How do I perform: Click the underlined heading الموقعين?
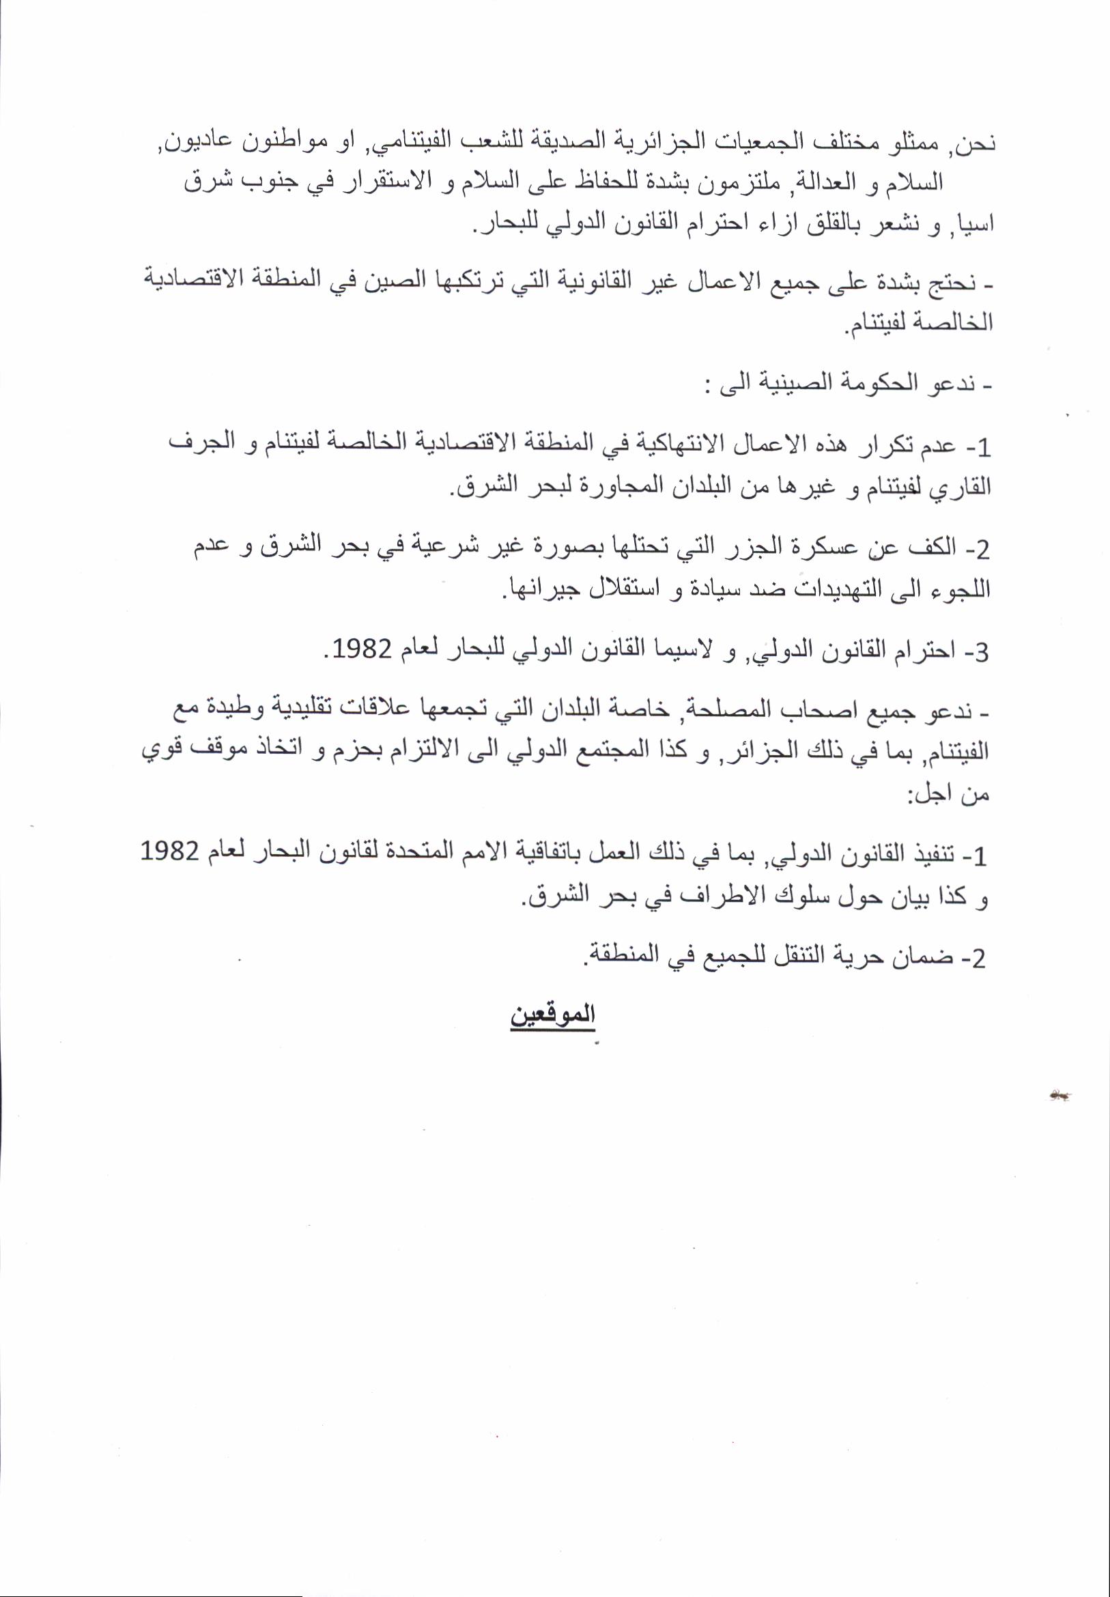(x=553, y=1013)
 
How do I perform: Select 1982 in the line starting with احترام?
(x=361, y=649)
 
